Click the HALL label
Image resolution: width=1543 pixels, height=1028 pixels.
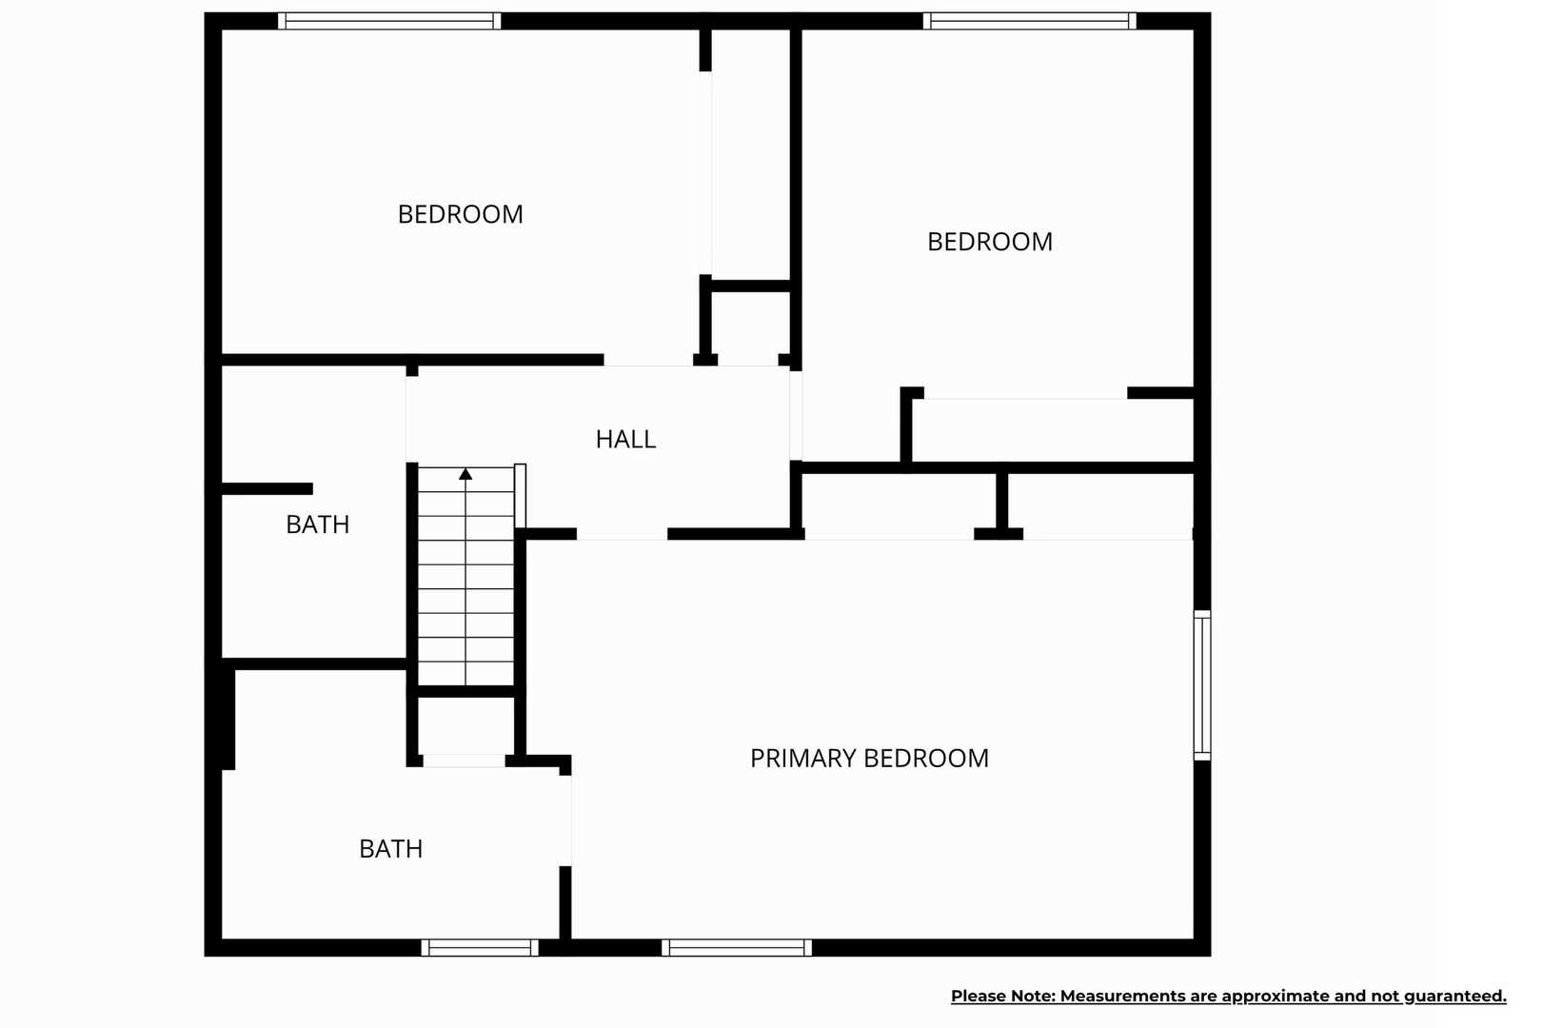[625, 439]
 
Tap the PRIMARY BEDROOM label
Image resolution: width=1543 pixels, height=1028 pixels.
[869, 759]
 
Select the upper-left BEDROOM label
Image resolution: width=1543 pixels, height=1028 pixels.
[460, 214]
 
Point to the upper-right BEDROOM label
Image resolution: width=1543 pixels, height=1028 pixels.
[990, 242]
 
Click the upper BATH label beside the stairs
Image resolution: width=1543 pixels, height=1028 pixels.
[318, 525]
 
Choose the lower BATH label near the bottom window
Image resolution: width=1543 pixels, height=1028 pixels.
[390, 849]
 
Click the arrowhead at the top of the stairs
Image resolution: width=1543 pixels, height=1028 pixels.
[465, 474]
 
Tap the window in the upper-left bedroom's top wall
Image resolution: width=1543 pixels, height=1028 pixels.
[389, 21]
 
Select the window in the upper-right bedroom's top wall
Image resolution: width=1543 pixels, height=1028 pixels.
[1029, 21]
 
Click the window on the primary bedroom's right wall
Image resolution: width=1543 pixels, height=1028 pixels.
[1202, 685]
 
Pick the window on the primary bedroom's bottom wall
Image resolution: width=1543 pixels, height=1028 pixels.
[737, 947]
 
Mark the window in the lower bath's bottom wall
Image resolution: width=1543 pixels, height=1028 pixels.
[480, 947]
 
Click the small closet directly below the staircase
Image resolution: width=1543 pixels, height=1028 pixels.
[465, 726]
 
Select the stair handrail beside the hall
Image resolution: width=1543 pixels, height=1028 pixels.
[520, 496]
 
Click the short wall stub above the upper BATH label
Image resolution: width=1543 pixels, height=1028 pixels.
[267, 488]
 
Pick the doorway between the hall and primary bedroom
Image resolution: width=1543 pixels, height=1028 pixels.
[622, 534]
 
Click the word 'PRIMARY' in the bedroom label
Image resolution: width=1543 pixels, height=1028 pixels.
[802, 759]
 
